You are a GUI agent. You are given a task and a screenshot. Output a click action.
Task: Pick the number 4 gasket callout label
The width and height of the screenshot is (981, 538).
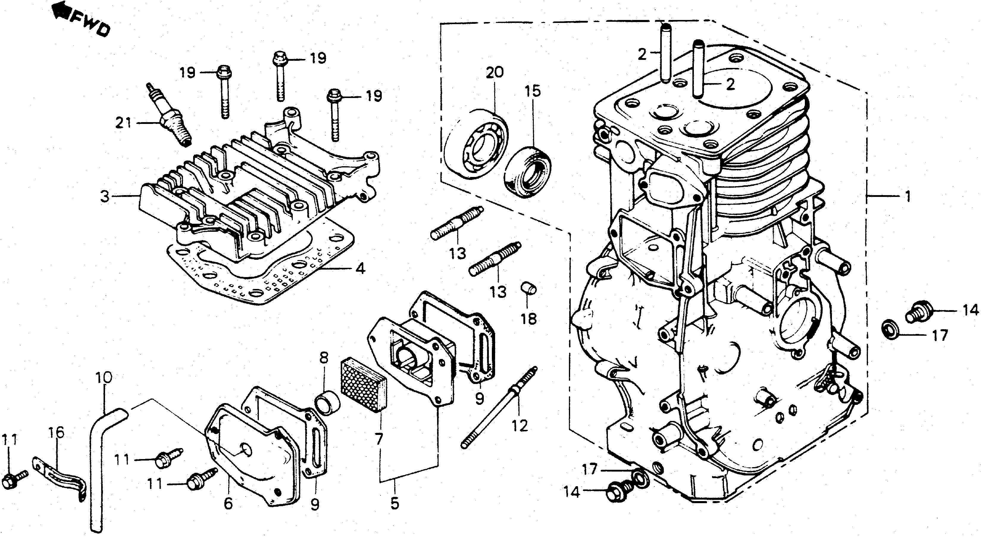[x=359, y=268]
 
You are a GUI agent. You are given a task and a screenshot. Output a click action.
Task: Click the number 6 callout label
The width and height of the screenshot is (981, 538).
[x=228, y=503]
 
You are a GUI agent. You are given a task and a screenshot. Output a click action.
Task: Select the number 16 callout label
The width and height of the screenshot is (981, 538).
[x=56, y=433]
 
